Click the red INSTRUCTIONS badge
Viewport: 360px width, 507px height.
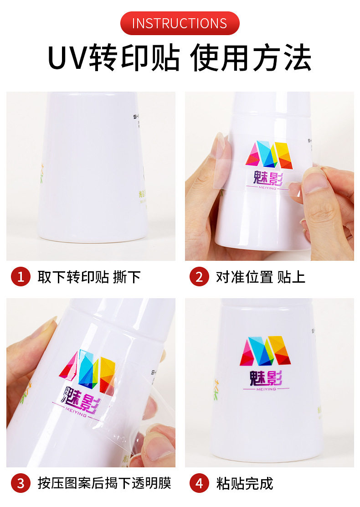[180, 23]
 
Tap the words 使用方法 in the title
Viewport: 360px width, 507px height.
[251, 58]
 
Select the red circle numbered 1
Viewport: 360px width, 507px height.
[20, 277]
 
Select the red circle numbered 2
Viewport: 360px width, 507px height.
[199, 277]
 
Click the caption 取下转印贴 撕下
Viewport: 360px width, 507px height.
[89, 277]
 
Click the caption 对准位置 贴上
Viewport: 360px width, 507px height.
[260, 277]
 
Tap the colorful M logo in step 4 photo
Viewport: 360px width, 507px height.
[265, 350]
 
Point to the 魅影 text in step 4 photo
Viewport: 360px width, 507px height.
[266, 378]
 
